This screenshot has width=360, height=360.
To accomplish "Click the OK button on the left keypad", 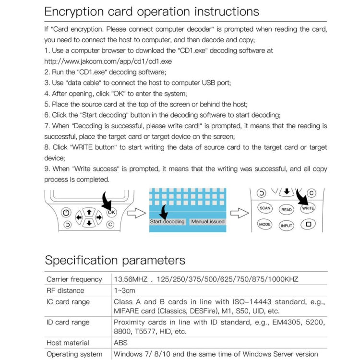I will tap(111, 212).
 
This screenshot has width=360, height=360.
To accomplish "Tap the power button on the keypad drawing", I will tap(66, 213).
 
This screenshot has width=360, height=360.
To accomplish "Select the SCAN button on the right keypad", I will tap(265, 208).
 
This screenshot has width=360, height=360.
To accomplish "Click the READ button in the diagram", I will tap(287, 209).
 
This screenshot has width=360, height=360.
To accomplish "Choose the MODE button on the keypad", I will tap(265, 224).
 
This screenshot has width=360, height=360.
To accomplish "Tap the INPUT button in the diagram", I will tap(287, 226).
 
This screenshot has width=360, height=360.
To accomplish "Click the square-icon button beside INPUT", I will tap(309, 224).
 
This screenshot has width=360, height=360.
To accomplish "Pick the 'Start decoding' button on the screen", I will tap(167, 222).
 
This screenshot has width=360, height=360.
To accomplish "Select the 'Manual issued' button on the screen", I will tap(207, 222).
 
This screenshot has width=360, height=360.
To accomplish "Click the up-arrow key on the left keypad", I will tap(89, 211).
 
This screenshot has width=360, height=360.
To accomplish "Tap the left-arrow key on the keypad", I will tap(79, 217).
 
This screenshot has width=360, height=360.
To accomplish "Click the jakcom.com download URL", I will tap(108, 61).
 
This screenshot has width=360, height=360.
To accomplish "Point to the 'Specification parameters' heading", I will tap(115, 260).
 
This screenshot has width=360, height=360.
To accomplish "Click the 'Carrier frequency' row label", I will tap(74, 279).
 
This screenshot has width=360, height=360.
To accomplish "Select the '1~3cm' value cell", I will tap(124, 290).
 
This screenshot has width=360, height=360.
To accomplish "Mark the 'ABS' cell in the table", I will tap(121, 343).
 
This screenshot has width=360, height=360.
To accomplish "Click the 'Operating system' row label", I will tap(74, 354).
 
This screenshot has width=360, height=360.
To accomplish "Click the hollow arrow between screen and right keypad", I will tap(239, 213).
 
